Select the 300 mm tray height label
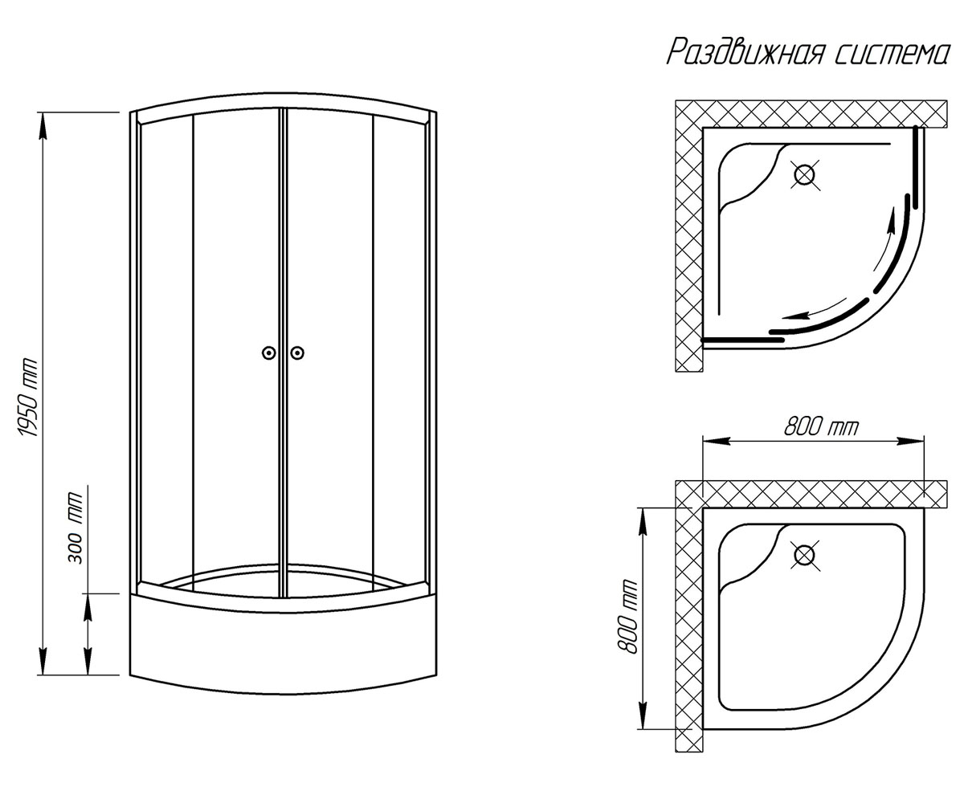coord(75,528)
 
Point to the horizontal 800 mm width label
coord(821,427)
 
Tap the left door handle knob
coord(268,353)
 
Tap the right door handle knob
coord(297,353)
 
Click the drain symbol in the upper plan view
coord(805,175)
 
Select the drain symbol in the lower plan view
coord(805,555)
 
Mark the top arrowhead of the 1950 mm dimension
coord(43,125)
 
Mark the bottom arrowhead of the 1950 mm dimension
coord(43,662)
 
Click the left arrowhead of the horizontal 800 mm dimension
coord(717,442)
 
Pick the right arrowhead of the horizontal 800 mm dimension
coord(910,442)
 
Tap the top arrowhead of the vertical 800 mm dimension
coord(642,521)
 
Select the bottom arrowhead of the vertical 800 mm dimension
coord(642,715)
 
